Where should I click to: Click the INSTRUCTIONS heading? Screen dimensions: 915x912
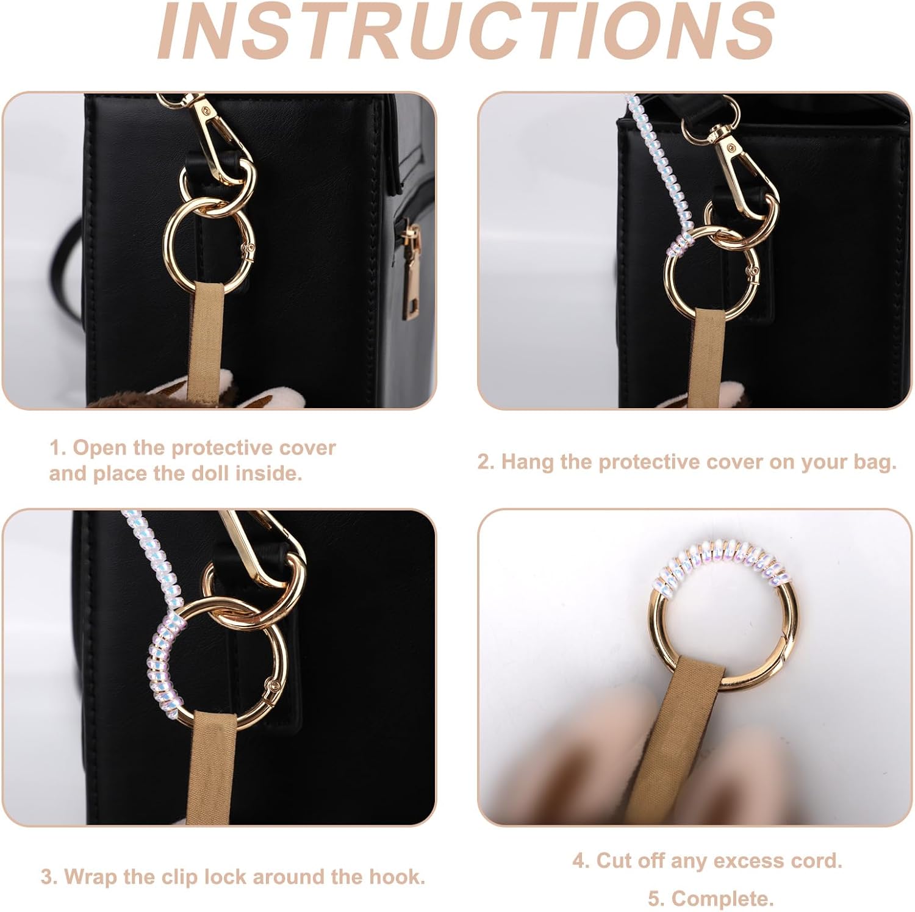(465, 31)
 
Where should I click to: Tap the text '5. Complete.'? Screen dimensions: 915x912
(710, 898)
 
